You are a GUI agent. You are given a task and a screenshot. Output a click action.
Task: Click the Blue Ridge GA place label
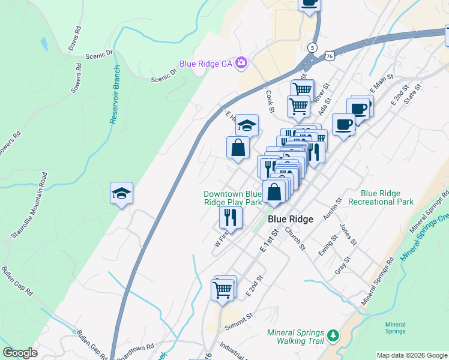[x=206, y=63]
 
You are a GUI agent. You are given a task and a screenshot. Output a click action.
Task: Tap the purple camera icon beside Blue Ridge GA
[x=241, y=62]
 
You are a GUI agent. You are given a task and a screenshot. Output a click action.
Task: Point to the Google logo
[x=20, y=353]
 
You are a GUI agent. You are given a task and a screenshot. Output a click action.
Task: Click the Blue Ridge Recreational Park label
[x=387, y=197]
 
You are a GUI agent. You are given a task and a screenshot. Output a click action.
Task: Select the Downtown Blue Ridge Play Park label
[x=232, y=198]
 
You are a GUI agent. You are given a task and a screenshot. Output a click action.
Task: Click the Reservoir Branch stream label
[x=115, y=95]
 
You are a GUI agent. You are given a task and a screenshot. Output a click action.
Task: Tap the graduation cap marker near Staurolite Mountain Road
[x=121, y=194]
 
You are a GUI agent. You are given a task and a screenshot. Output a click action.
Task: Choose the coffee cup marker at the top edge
[x=310, y=3]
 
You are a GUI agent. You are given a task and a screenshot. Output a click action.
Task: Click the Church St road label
[x=295, y=238]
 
